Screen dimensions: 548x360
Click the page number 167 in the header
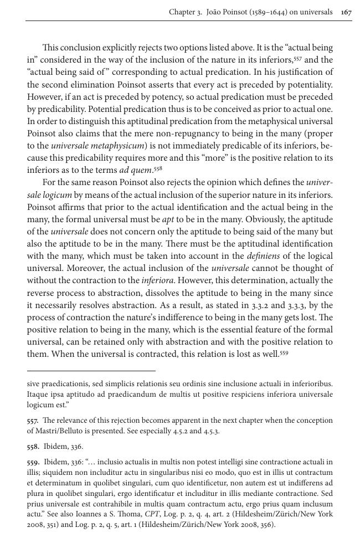(x=346, y=12)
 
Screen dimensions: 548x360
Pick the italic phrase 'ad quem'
(x=135, y=170)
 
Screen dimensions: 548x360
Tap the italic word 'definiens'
(x=262, y=255)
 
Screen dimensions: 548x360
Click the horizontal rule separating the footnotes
(x=91, y=370)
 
